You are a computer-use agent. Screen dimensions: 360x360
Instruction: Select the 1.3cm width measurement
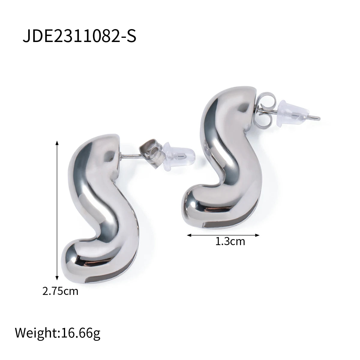(230, 241)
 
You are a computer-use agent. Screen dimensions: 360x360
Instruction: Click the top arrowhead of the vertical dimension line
(57, 143)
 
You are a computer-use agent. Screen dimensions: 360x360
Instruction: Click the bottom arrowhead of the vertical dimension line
(57, 283)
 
